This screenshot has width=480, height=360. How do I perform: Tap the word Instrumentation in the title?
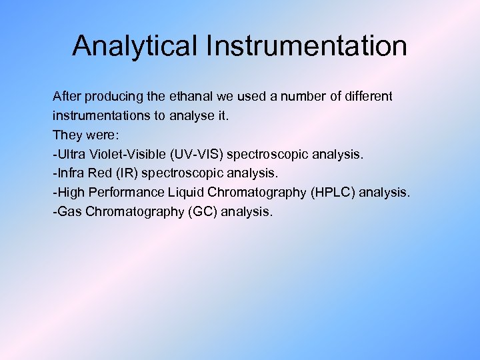pyautogui.click(x=307, y=47)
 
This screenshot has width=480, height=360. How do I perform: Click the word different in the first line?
pyautogui.click(x=369, y=97)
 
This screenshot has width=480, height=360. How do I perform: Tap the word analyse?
pyautogui.click(x=192, y=116)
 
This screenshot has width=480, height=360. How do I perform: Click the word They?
pyautogui.click(x=67, y=135)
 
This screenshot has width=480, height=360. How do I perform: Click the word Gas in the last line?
pyautogui.click(x=69, y=213)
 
